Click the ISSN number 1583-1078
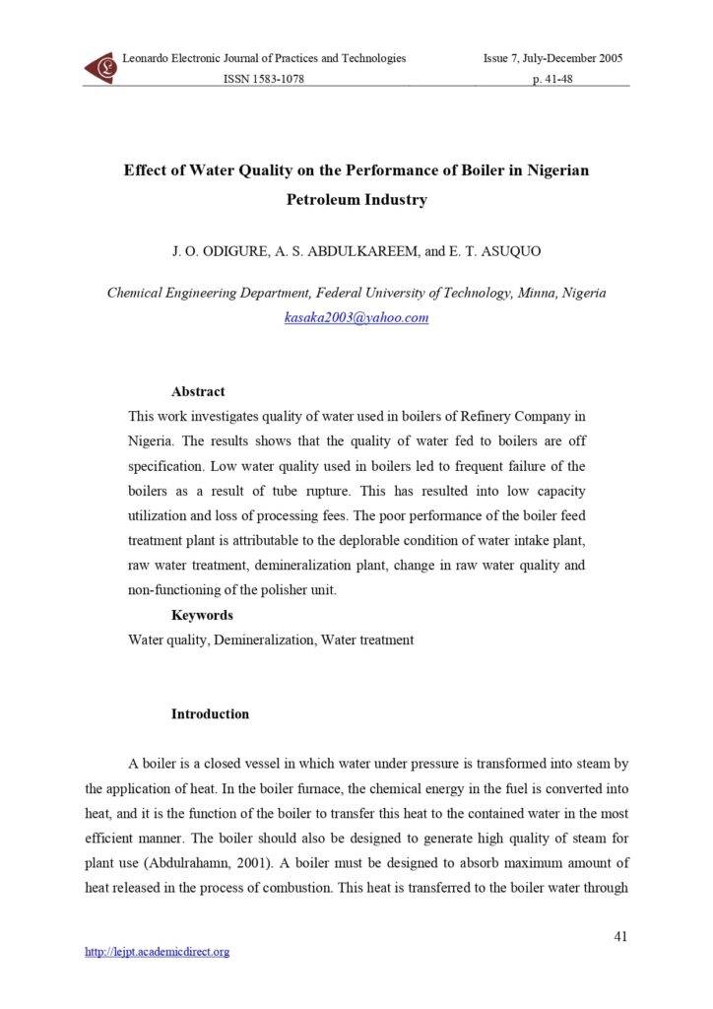pos(264,79)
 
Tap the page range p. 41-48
pos(552,79)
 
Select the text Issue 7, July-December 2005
pos(552,59)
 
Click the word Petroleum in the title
pos(326,199)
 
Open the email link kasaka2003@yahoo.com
pos(356,317)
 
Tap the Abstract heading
pos(198,391)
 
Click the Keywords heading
pos(202,615)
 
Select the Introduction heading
pos(210,713)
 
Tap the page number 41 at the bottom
pos(620,936)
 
